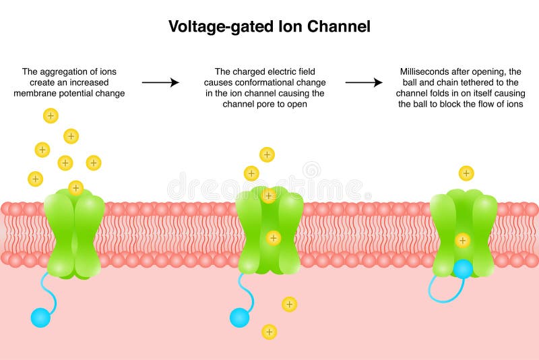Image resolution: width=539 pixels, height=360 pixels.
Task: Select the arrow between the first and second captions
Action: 160,83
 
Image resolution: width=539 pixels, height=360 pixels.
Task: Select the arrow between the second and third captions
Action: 364,83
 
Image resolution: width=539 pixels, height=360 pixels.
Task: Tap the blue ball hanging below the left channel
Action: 41,317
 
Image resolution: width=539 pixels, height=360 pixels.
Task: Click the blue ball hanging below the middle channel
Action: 239,317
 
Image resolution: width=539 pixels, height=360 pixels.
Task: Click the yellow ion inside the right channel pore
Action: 462,239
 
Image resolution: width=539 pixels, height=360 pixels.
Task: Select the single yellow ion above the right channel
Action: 466,173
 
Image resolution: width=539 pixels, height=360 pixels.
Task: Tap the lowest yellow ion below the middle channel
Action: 269,332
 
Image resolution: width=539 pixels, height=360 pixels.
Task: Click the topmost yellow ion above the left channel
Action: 51,115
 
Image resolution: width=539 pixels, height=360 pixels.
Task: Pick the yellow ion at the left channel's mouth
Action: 75,187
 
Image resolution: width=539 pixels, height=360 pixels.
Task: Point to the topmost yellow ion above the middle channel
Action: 267,154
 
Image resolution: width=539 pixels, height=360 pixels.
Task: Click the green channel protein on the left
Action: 74,233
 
